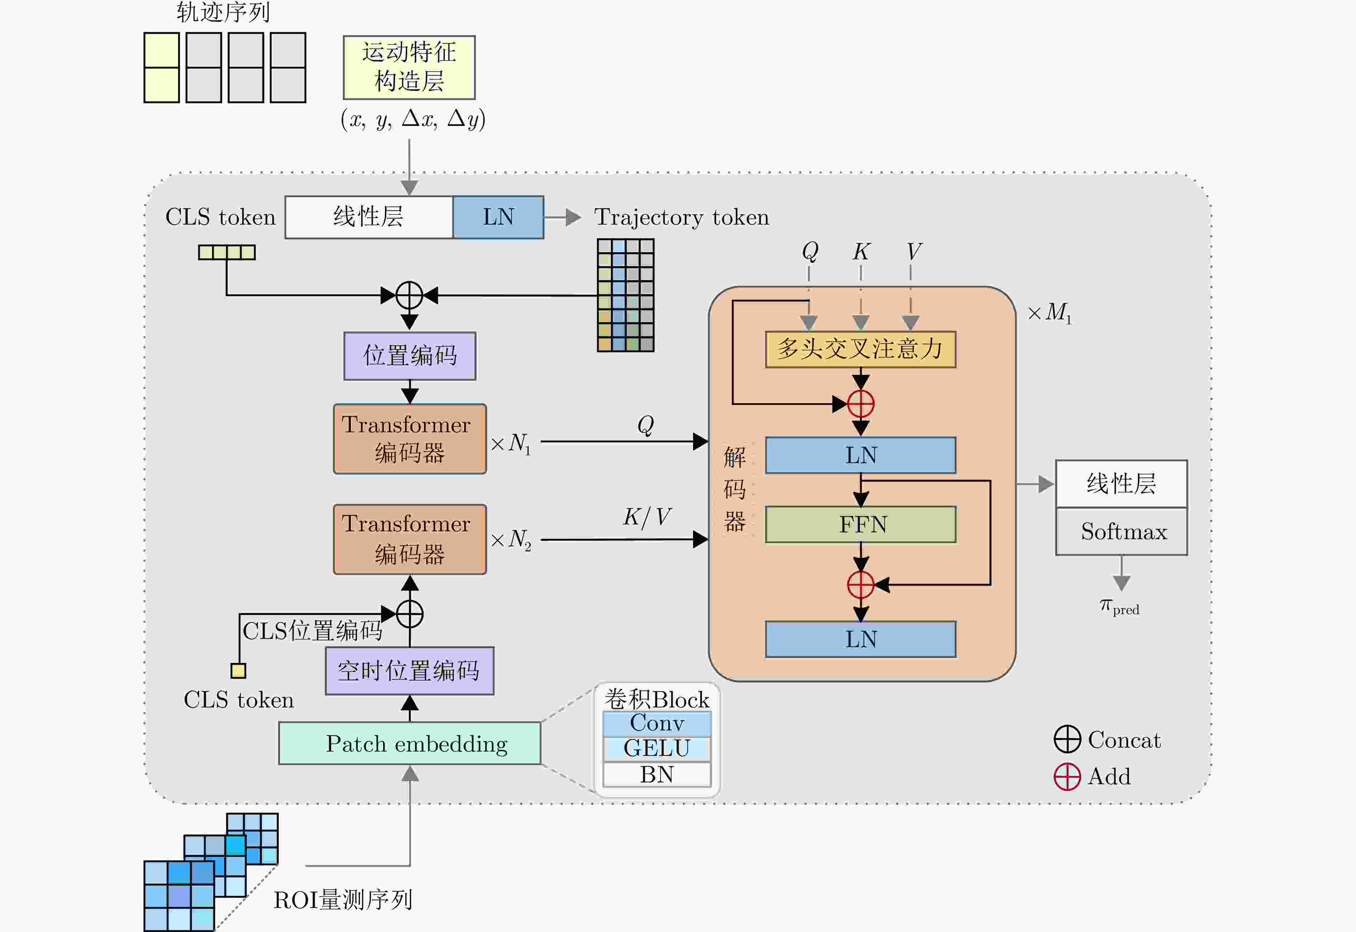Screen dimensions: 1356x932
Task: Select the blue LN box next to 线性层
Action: point(498,217)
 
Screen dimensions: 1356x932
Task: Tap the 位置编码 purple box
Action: point(410,356)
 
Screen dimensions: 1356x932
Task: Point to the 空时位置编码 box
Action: point(410,671)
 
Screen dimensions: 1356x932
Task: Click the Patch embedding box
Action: point(410,743)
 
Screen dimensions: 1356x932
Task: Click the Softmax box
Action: point(1122,531)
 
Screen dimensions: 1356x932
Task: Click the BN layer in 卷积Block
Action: point(657,774)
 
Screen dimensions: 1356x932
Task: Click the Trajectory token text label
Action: point(682,217)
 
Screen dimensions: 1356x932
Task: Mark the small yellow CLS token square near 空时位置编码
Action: point(238,670)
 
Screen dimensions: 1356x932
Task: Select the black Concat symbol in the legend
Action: point(1068,739)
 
